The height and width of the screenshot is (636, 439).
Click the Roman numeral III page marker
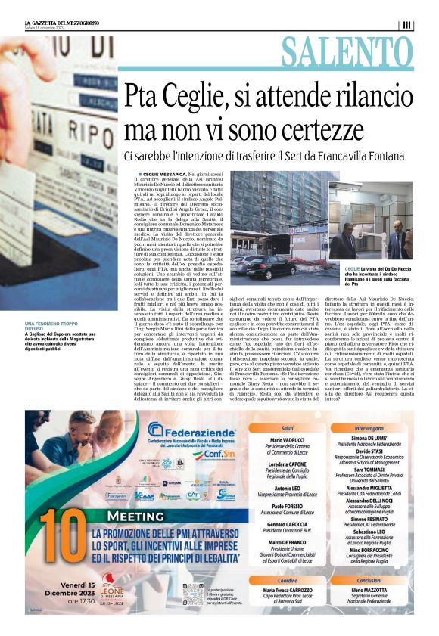coord(407,25)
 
